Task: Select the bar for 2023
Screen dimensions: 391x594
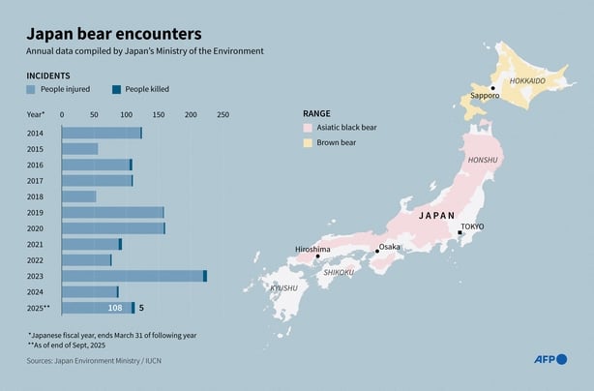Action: click(x=134, y=276)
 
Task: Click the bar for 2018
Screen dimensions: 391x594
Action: click(x=79, y=196)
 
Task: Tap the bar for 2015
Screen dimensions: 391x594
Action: click(x=80, y=149)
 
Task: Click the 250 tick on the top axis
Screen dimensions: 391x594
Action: click(x=223, y=115)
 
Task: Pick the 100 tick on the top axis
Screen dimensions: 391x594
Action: click(x=126, y=115)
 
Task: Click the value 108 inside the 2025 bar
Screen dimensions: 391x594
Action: click(x=114, y=308)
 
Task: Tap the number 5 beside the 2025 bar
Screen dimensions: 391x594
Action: click(x=141, y=308)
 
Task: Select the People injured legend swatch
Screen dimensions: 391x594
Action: click(x=31, y=89)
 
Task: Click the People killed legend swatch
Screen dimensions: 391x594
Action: click(x=116, y=89)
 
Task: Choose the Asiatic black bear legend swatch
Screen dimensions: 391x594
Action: click(x=308, y=127)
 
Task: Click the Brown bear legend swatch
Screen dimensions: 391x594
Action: click(x=308, y=142)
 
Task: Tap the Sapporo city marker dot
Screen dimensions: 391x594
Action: click(x=492, y=88)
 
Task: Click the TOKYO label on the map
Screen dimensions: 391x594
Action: click(x=472, y=226)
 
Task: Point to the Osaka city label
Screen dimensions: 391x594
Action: click(x=389, y=247)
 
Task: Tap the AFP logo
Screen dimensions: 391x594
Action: click(x=551, y=361)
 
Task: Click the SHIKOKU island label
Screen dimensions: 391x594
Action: click(x=339, y=273)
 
